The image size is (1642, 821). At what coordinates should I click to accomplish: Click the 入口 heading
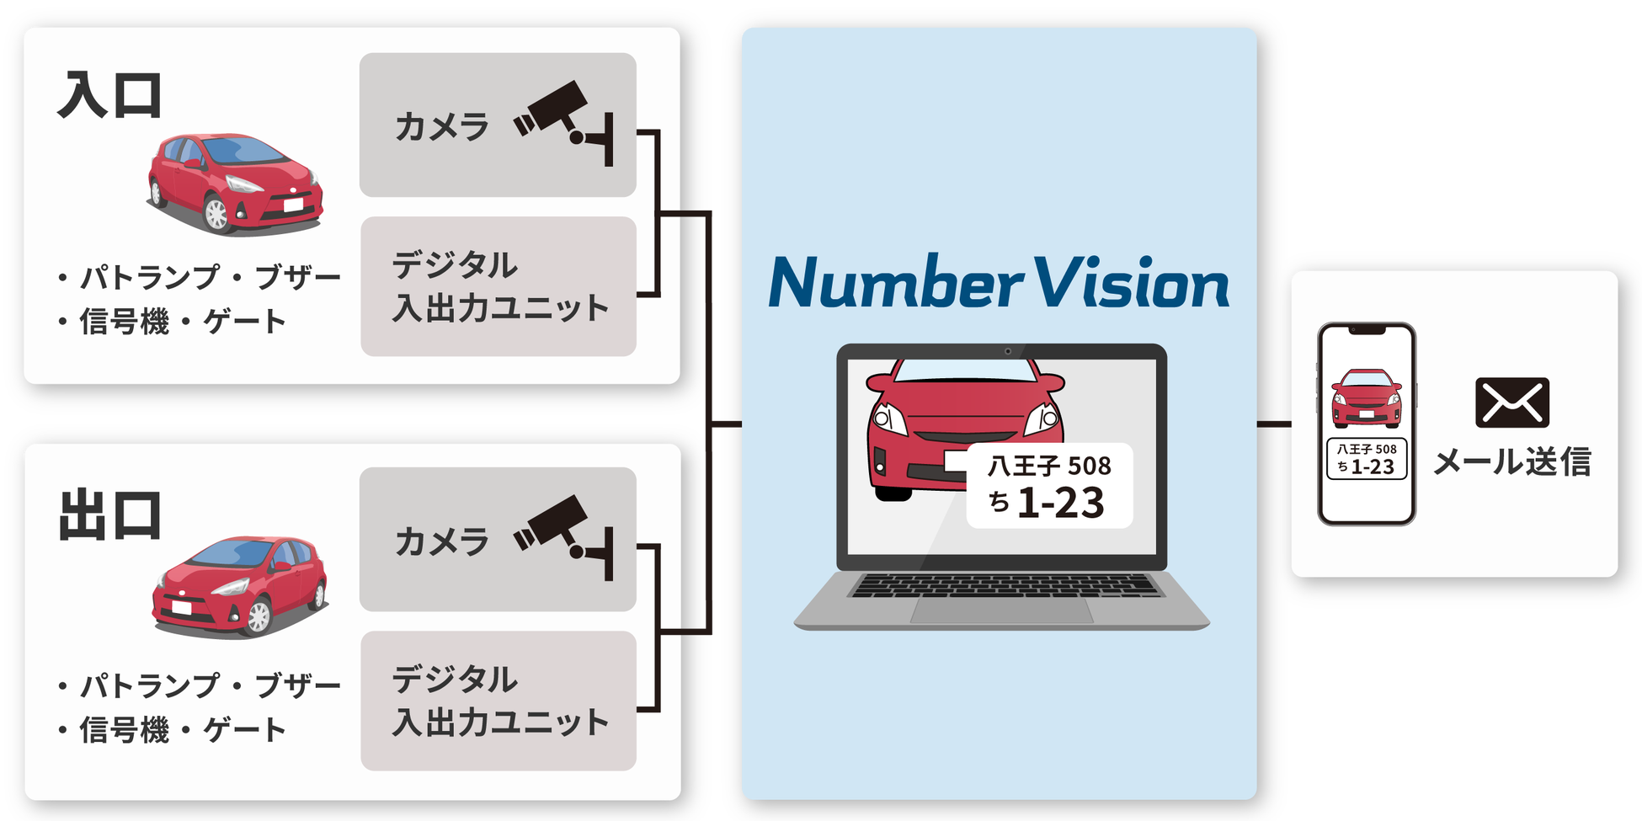pyautogui.click(x=109, y=96)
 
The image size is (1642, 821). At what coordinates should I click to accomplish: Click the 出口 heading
pyautogui.click(x=109, y=515)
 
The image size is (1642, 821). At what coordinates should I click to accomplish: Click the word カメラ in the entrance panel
pyautogui.click(x=441, y=127)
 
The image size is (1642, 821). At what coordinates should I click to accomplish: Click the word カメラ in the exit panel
pyautogui.click(x=441, y=541)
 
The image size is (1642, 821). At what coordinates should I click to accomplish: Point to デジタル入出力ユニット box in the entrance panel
pyautogui.click(x=498, y=286)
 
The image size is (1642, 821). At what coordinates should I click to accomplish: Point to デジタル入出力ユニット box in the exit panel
pyautogui.click(x=498, y=701)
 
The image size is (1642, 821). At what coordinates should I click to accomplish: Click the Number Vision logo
pyautogui.click(x=999, y=283)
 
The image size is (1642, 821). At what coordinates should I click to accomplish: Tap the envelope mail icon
pyautogui.click(x=1512, y=403)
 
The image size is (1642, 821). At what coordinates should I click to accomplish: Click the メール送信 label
pyautogui.click(x=1512, y=461)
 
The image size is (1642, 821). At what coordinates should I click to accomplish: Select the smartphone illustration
pyautogui.click(x=1367, y=424)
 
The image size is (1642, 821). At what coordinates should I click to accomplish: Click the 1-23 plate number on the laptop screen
pyautogui.click(x=1060, y=503)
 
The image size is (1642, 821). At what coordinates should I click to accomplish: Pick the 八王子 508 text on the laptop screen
pyautogui.click(x=1049, y=466)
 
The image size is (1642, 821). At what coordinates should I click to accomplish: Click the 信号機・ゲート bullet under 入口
pyautogui.click(x=173, y=322)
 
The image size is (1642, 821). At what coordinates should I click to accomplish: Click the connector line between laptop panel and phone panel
pyautogui.click(x=1273, y=424)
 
